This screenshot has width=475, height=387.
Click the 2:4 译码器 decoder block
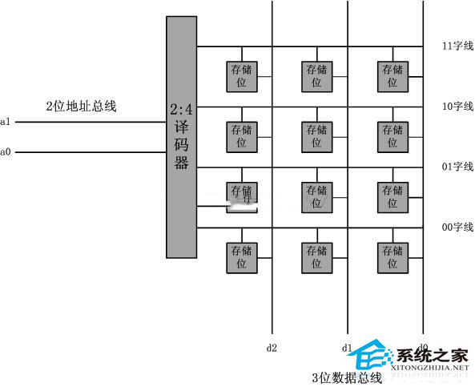181,136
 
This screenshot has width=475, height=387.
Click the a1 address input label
6,122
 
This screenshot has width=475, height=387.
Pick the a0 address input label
6,151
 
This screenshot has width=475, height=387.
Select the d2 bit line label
272,348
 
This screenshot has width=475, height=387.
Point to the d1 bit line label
347,348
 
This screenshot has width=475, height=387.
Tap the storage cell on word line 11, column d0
392,75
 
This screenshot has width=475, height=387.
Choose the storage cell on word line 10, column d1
317,136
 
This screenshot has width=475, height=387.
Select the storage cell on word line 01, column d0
392,196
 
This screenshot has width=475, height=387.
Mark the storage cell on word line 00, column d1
317,257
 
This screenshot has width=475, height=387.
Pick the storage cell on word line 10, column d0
392,136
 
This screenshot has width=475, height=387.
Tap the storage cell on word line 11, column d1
317,75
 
